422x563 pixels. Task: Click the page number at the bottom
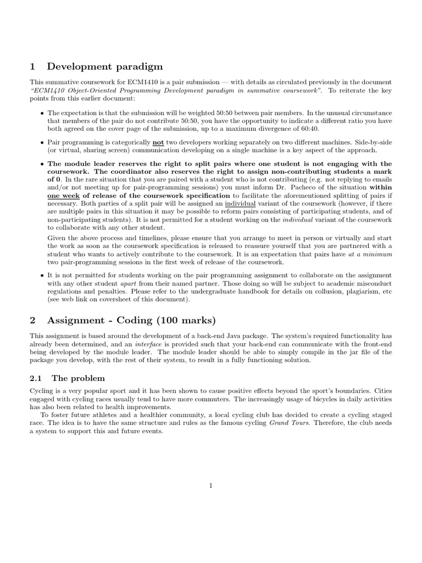click(x=211, y=485)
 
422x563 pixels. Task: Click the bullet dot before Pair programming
click(x=42, y=142)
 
